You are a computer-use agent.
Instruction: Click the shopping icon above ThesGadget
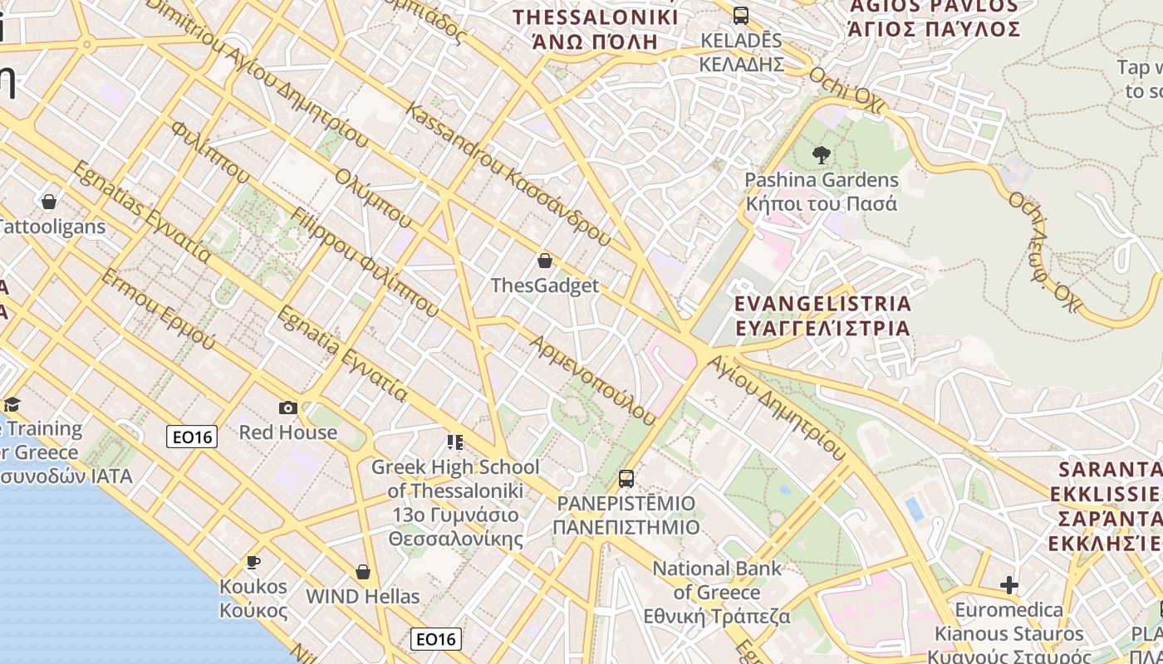tap(545, 261)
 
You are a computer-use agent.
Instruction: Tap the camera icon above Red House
tap(288, 408)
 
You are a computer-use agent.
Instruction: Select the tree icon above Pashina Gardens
tap(822, 154)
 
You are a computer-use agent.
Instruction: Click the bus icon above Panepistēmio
tap(626, 479)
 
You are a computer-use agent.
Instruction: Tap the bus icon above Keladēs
tap(740, 15)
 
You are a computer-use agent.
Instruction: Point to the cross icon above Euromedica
tap(1009, 585)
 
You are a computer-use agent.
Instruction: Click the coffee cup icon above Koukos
tap(253, 562)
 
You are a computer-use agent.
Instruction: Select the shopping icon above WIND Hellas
tap(362, 572)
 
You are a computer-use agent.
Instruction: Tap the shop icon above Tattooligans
tap(49, 202)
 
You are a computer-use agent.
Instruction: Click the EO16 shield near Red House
tap(192, 437)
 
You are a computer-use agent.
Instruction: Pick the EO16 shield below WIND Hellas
tap(436, 638)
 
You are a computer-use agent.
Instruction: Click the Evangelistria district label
tap(822, 315)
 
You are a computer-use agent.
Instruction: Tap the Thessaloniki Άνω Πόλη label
tap(596, 29)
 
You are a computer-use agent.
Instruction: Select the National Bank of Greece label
tap(717, 593)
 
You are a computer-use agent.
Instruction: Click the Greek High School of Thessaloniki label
tap(455, 502)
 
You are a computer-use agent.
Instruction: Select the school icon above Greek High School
tap(454, 442)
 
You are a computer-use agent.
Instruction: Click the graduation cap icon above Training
tap(12, 404)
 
